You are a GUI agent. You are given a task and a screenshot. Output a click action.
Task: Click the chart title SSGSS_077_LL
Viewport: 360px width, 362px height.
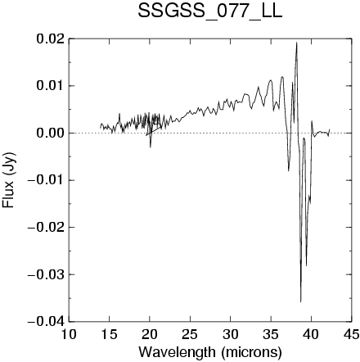(x=210, y=11)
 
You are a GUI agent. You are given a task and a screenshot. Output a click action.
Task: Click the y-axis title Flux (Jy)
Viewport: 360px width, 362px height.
(x=8, y=180)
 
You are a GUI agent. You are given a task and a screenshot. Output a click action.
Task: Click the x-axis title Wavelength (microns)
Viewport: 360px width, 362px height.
(x=210, y=352)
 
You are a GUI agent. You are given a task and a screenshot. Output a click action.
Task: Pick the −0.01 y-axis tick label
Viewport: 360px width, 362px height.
(x=47, y=180)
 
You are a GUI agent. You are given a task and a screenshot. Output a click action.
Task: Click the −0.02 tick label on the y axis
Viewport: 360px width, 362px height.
(x=47, y=227)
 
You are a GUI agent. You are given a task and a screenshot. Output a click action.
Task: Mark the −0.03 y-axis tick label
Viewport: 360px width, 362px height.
(x=47, y=274)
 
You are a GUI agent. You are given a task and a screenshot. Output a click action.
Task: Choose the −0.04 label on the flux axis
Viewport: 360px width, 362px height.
(x=47, y=322)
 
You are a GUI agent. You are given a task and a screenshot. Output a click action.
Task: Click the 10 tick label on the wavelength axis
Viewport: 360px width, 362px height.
(x=69, y=334)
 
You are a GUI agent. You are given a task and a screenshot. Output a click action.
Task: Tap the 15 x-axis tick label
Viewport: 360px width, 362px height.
(x=109, y=334)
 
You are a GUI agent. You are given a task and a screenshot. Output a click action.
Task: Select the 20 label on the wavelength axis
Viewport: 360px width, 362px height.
(x=150, y=334)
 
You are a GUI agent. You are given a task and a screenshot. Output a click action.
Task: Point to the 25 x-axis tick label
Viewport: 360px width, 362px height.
(x=190, y=334)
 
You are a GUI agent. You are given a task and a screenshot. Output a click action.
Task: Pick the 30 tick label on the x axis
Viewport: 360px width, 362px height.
(x=230, y=334)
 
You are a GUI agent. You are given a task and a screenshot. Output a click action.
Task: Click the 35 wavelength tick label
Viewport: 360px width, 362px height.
(x=271, y=334)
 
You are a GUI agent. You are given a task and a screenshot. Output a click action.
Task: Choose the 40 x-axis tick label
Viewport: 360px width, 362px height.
(x=311, y=334)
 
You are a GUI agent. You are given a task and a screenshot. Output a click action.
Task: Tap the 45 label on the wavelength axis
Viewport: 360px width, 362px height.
(x=352, y=334)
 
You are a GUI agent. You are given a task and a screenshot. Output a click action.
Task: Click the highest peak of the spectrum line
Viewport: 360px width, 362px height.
(x=297, y=43)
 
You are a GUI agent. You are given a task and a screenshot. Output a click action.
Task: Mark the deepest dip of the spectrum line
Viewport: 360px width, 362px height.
(x=301, y=302)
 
